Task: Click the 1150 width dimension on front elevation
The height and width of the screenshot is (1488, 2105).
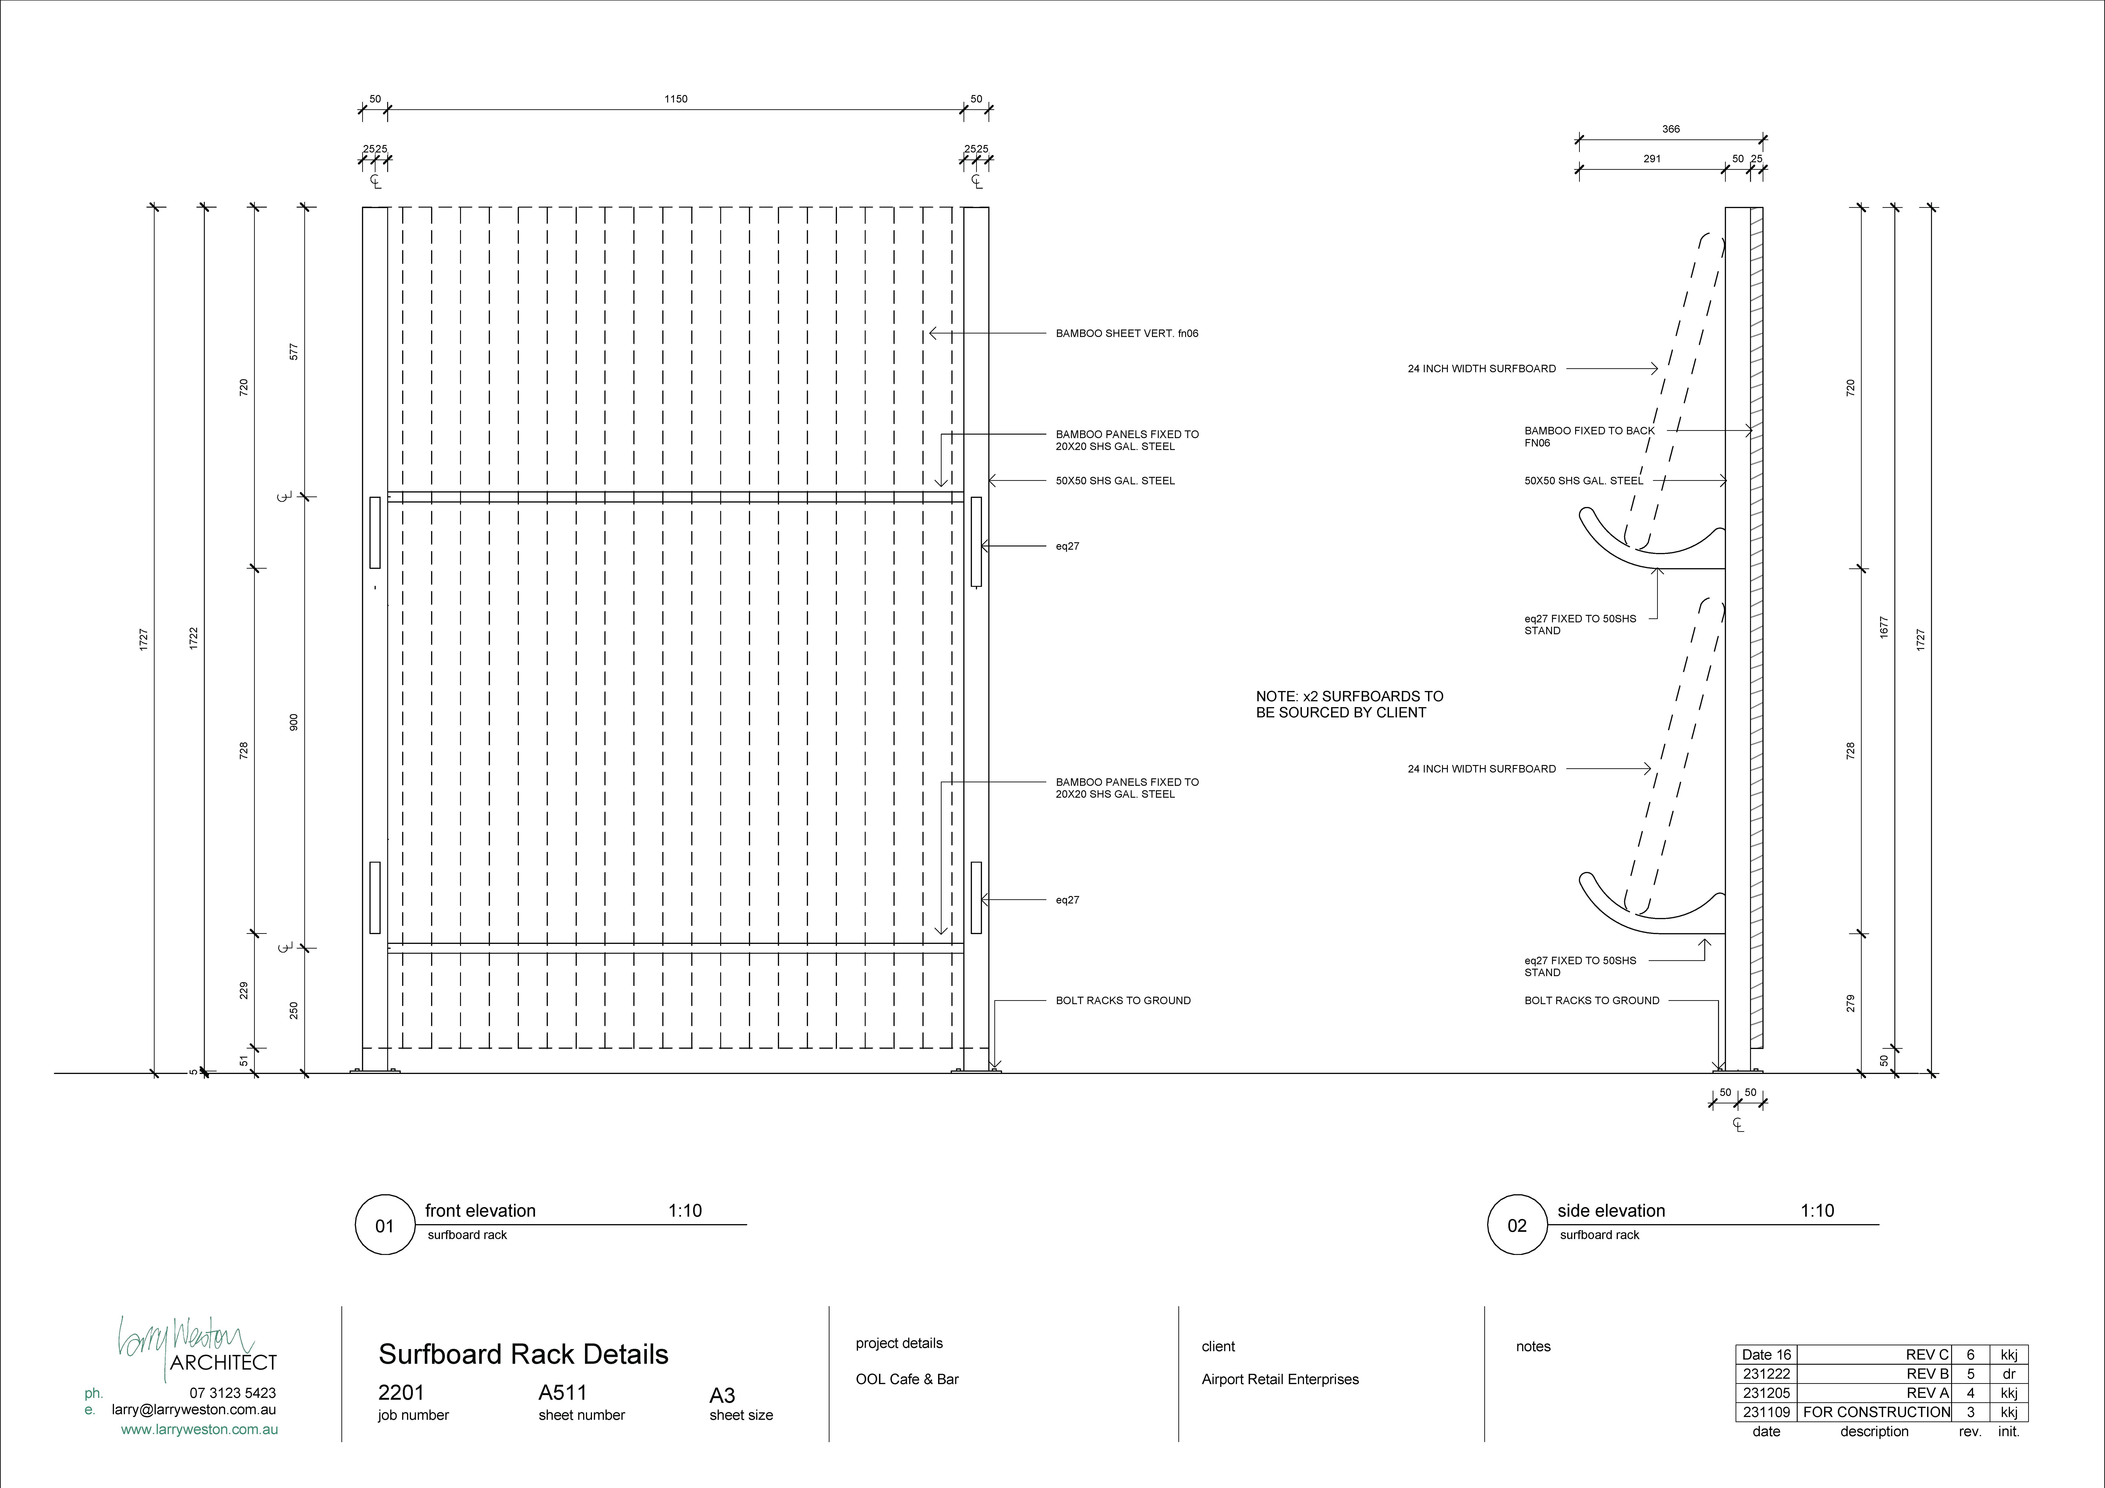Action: (676, 99)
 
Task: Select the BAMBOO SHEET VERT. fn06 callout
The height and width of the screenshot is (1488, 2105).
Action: (1127, 334)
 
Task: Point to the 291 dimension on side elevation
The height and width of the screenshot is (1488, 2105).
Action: (1652, 159)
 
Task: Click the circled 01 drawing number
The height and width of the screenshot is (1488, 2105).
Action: (384, 1226)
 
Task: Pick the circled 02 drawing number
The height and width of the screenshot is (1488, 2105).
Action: (1517, 1226)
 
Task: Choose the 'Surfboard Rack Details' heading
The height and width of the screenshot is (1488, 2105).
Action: (524, 1354)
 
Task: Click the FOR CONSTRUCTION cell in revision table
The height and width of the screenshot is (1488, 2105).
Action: (1876, 1412)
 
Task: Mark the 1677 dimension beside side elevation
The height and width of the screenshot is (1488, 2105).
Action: (1884, 627)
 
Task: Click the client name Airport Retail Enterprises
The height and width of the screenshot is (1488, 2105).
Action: (1280, 1379)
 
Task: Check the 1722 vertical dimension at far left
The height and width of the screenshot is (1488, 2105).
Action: (193, 639)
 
